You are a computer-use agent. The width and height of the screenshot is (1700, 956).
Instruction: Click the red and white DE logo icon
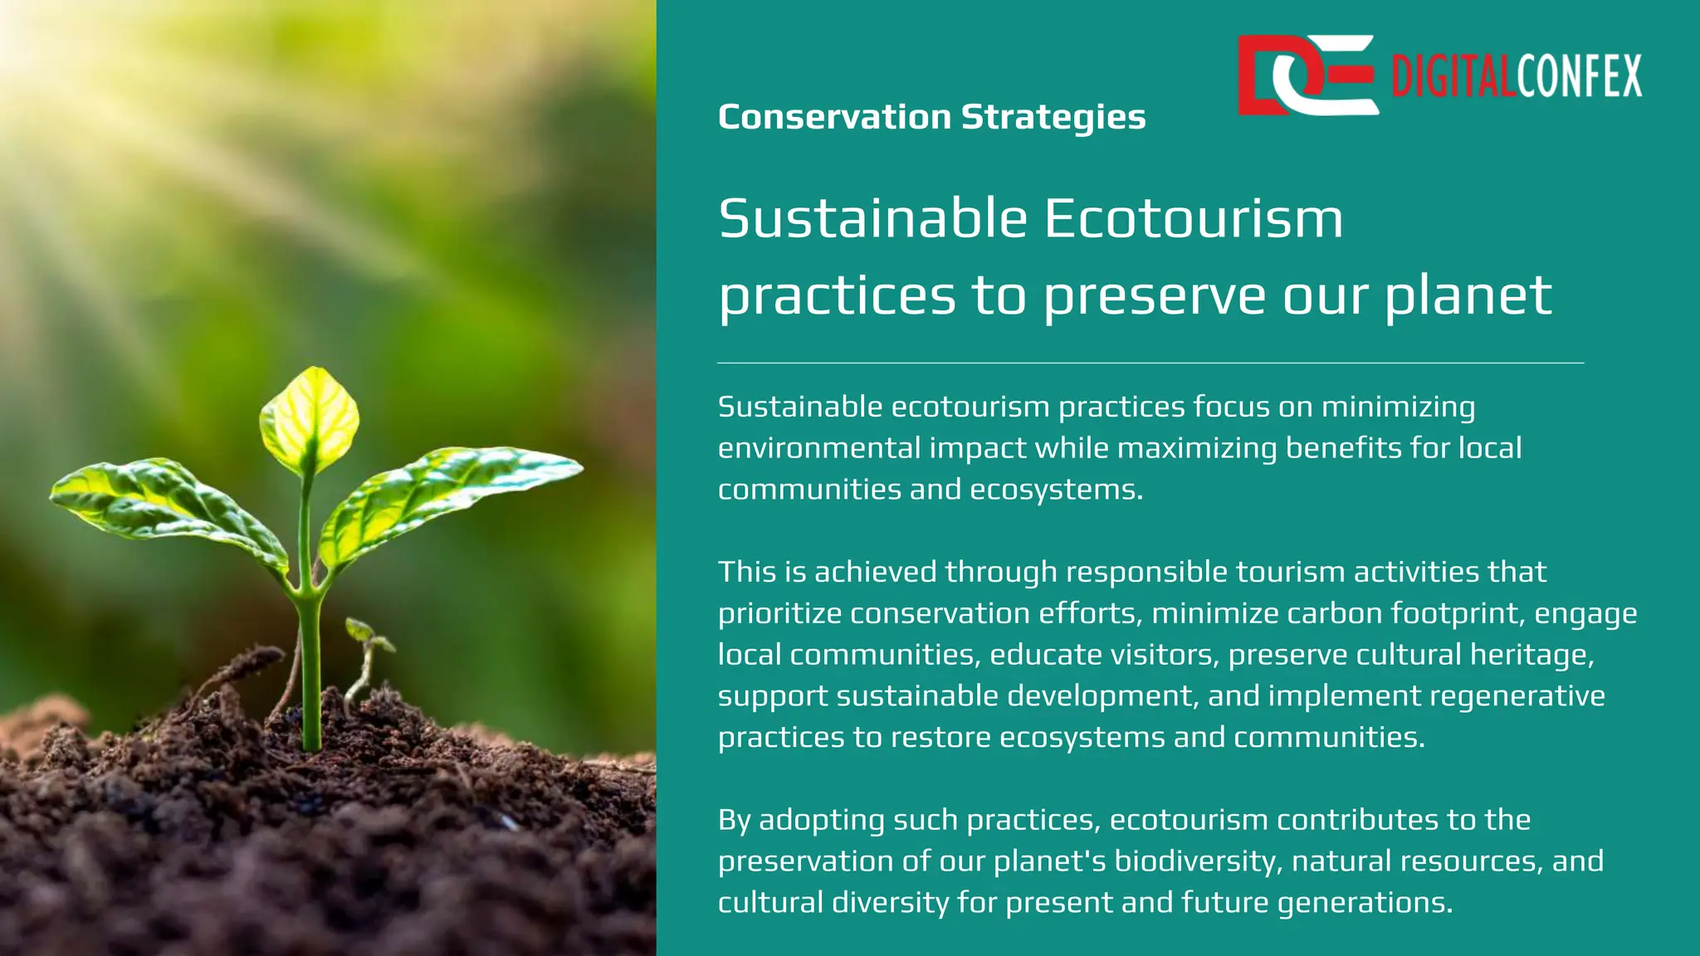click(1307, 75)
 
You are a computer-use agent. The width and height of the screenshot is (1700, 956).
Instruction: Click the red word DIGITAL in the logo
click(1453, 76)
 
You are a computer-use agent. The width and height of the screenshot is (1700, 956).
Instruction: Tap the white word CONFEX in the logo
click(1579, 76)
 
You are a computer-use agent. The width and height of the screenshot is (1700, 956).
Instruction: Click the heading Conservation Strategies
click(931, 117)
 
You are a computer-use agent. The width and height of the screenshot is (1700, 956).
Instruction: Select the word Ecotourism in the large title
click(1193, 218)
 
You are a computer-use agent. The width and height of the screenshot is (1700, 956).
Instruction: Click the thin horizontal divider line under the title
click(1150, 363)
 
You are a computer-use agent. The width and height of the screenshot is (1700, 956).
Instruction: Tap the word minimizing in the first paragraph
click(1398, 407)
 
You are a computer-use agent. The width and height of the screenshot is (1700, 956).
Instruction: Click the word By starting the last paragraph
click(734, 821)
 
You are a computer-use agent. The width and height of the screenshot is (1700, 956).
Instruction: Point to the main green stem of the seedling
click(310, 664)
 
